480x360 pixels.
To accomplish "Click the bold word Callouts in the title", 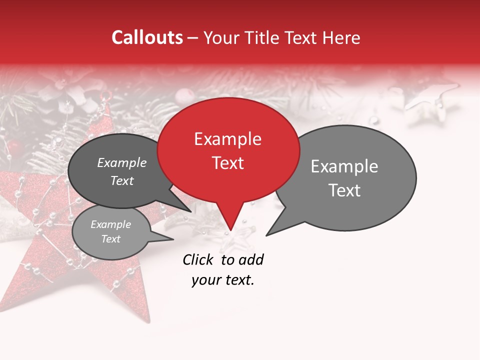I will [147, 37].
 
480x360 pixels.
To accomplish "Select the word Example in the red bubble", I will [227, 139].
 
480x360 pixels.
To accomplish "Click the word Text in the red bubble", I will [227, 163].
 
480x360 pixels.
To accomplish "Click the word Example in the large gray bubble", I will [344, 166].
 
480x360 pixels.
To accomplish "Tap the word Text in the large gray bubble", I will [344, 190].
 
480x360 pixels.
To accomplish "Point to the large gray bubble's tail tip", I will [266, 235].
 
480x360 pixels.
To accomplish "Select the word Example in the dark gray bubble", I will [122, 162].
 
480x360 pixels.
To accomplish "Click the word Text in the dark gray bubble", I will [122, 180].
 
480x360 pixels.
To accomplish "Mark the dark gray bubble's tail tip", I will [191, 211].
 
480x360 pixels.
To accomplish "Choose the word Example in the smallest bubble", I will [111, 224].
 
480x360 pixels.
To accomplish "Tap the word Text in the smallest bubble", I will [111, 239].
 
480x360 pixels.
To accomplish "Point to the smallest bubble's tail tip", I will [173, 239].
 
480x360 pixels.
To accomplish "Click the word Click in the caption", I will [198, 259].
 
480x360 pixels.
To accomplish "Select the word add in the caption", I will [251, 259].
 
